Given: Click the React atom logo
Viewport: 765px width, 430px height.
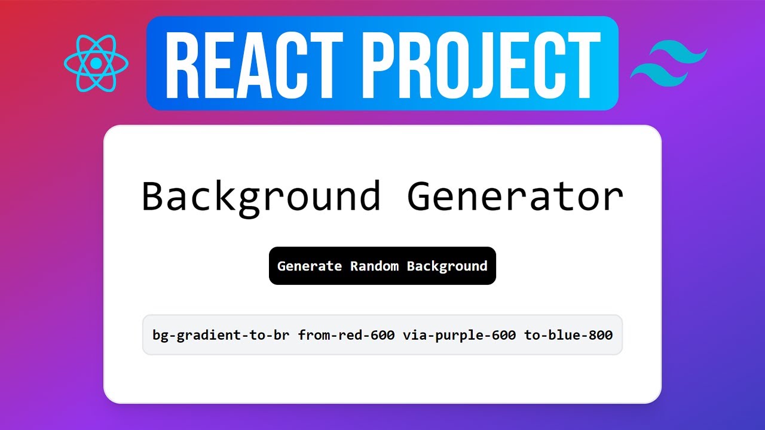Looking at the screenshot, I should coord(96,63).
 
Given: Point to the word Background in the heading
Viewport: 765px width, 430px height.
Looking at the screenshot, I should coord(261,196).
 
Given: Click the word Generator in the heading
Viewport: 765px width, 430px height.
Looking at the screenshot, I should coord(515,196).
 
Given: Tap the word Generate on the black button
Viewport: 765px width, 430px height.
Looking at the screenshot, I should coord(310,266).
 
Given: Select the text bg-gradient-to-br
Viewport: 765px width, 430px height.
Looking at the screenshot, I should coord(221,335).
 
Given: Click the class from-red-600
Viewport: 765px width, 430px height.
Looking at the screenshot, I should coord(347,335).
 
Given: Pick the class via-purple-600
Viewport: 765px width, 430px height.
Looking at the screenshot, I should coord(459,335).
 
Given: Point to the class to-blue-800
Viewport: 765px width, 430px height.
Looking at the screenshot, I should coord(568,335).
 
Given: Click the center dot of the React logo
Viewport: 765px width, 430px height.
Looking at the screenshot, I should coord(96,63).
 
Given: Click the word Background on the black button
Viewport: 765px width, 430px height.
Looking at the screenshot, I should coord(447,266).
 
